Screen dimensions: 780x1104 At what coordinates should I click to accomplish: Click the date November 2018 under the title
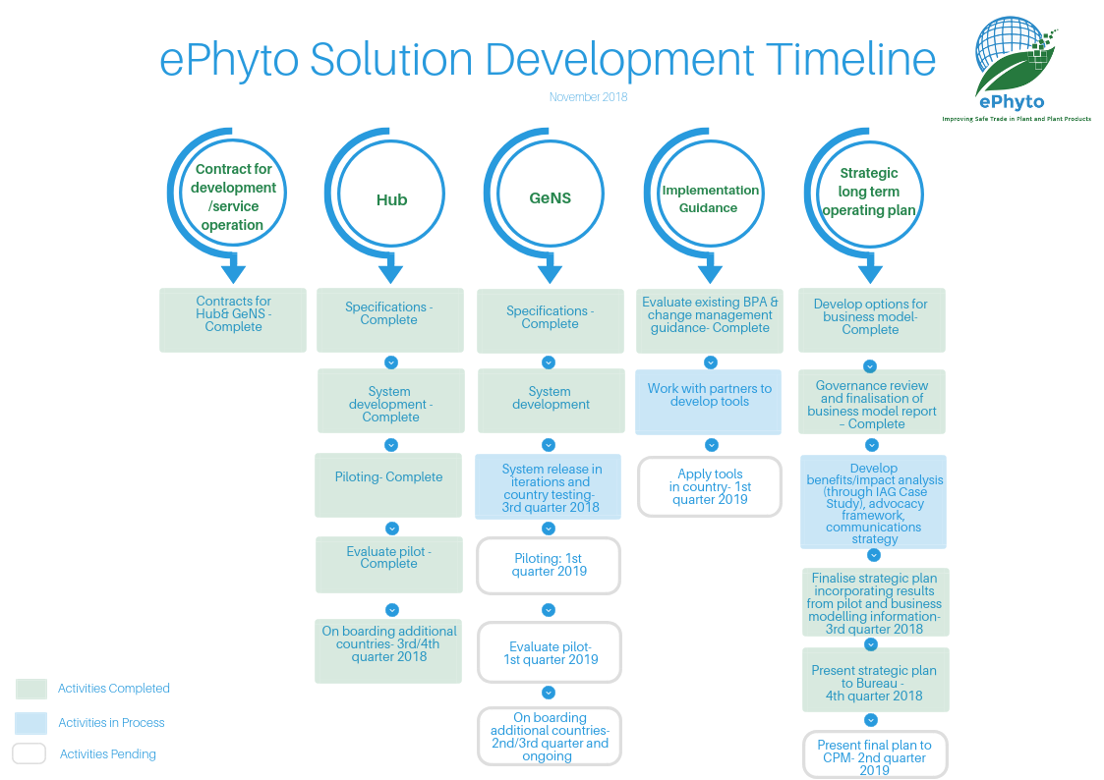point(588,97)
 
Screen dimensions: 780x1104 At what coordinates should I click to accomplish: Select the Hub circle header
point(391,199)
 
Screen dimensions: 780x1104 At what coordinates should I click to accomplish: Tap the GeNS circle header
point(550,197)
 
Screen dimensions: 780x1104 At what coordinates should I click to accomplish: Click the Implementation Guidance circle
point(710,198)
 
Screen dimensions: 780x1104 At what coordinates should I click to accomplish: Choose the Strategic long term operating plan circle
point(869,192)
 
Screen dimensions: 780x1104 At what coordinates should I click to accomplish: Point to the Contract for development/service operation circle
point(233,196)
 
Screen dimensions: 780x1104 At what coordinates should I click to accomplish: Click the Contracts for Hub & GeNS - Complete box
point(233,319)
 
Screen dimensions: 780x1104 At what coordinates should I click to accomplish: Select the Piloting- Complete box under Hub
point(388,484)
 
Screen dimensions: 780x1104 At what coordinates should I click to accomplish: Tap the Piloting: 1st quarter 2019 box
point(549,565)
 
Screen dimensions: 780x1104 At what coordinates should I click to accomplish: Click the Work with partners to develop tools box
point(709,401)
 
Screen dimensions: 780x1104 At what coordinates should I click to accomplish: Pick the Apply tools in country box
point(709,486)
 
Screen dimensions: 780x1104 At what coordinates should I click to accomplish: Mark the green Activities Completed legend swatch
point(31,689)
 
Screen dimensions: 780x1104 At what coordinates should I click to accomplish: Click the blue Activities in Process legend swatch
point(31,723)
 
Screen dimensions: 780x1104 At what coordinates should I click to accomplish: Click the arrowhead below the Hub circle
point(391,269)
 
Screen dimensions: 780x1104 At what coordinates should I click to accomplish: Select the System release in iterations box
point(549,486)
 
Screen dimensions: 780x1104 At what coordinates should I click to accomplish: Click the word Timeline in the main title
point(850,60)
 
